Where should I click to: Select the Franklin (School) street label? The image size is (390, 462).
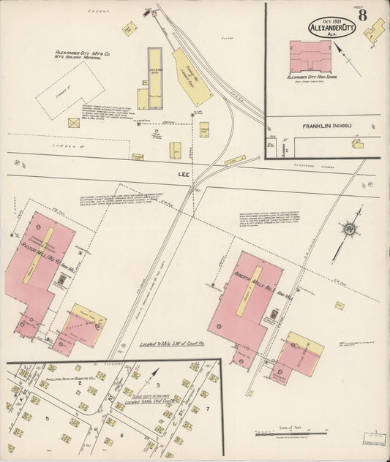[x=326, y=126]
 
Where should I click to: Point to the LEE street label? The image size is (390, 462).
[x=184, y=175]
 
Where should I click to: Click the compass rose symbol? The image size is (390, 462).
[x=349, y=229]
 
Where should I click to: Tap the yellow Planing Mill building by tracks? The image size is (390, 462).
[x=192, y=77]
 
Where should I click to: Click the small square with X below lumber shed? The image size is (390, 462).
[x=74, y=123]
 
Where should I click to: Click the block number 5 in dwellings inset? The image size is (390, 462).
[x=48, y=418]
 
